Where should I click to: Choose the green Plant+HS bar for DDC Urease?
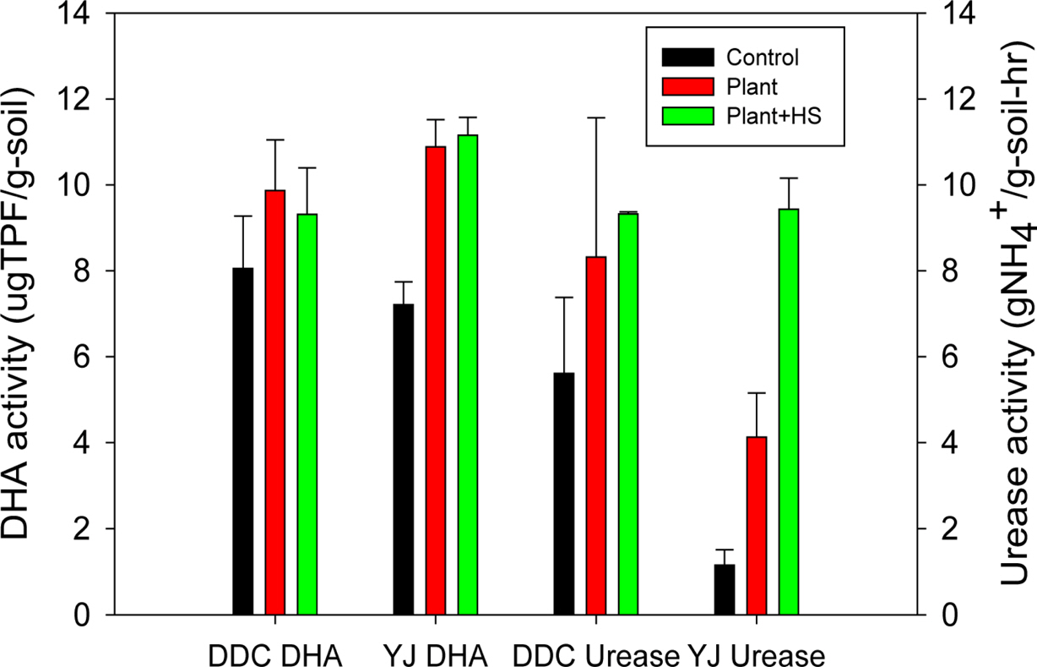(628, 413)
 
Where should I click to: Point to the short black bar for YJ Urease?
(724, 589)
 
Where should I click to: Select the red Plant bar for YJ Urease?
(756, 525)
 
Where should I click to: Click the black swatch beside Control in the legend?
(687, 57)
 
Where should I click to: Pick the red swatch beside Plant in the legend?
(687, 86)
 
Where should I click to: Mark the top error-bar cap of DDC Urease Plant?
(596, 118)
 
